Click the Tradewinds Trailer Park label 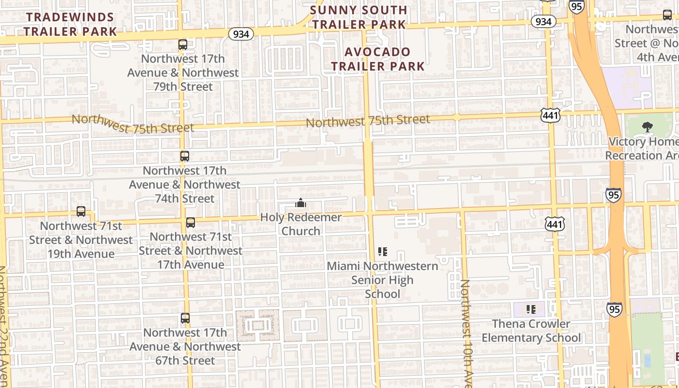click(71, 24)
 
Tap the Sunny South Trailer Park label click(358, 17)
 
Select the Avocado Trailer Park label click(377, 59)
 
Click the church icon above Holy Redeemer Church click(301, 203)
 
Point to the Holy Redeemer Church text click(301, 224)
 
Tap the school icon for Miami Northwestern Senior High click(383, 251)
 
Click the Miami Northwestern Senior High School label click(382, 280)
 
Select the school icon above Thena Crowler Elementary click(531, 309)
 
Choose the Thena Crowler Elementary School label click(531, 331)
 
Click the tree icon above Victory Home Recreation click(647, 127)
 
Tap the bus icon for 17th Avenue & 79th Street click(183, 45)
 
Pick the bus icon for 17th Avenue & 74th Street click(184, 156)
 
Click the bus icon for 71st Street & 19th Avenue click(81, 211)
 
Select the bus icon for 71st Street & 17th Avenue click(191, 223)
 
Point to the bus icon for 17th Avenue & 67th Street click(185, 318)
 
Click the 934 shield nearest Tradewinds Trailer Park click(241, 34)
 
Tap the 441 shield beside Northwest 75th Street click(550, 115)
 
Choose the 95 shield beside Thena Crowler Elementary click(614, 309)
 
